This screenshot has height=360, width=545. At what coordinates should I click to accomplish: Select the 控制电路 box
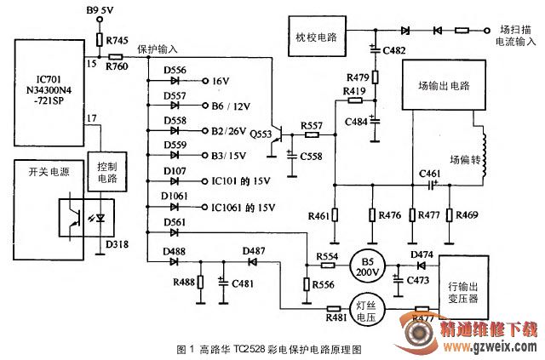tap(107, 172)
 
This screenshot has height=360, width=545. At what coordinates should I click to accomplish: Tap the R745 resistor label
tap(118, 40)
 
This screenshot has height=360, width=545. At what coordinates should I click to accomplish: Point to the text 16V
tap(221, 81)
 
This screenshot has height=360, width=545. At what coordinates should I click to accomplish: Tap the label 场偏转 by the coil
tap(465, 157)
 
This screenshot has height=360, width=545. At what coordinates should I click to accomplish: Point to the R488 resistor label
tap(182, 282)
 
